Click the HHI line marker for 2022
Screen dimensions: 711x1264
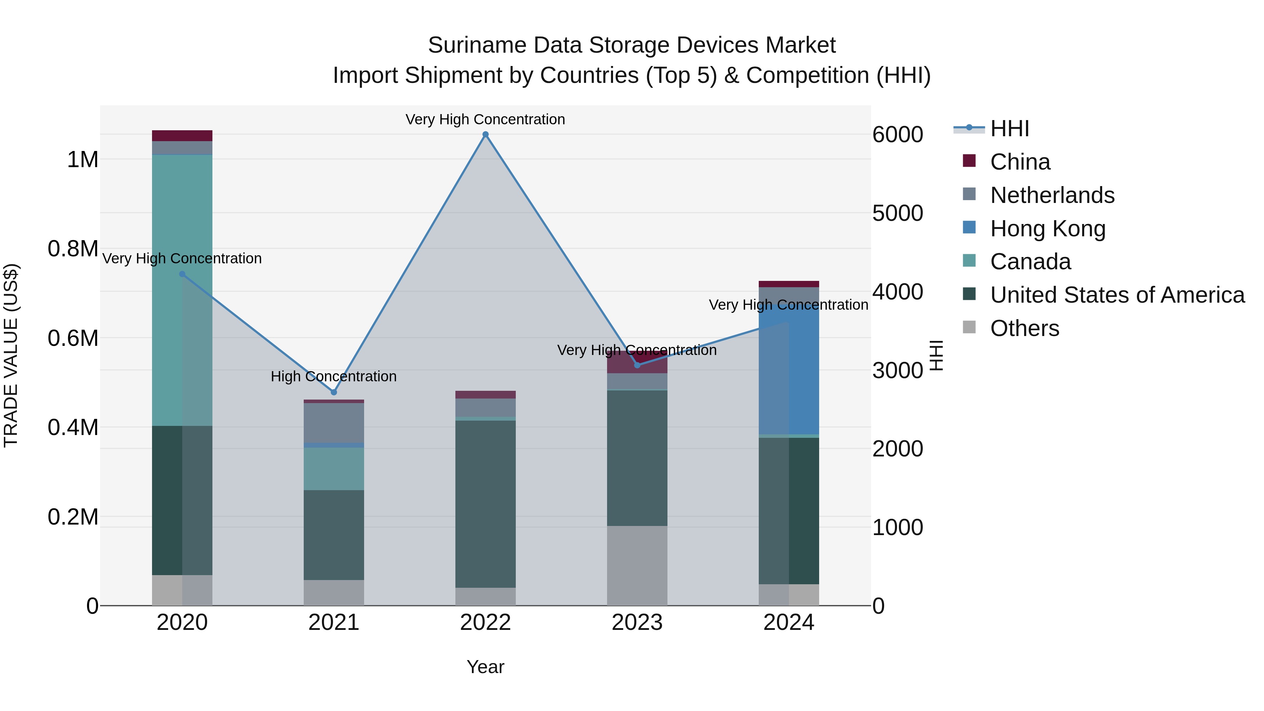coord(485,134)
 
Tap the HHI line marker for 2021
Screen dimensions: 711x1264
coord(334,392)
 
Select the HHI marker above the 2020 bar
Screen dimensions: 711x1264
coord(182,274)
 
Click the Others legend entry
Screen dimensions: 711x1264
coord(1024,328)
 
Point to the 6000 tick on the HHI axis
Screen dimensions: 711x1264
coord(897,135)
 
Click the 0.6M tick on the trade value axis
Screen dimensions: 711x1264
coord(73,338)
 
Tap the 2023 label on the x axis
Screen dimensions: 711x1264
coord(637,623)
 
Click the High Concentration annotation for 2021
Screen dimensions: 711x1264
coord(334,376)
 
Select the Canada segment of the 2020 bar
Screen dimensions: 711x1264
coord(182,295)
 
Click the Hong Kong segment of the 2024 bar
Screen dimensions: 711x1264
coord(789,373)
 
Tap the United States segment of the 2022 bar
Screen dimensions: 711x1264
coord(485,503)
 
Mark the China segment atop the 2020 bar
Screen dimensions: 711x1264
coord(182,136)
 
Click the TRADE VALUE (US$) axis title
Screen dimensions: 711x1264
coord(11,355)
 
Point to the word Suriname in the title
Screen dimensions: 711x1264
coord(477,45)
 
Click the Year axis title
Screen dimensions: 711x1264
coord(485,667)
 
